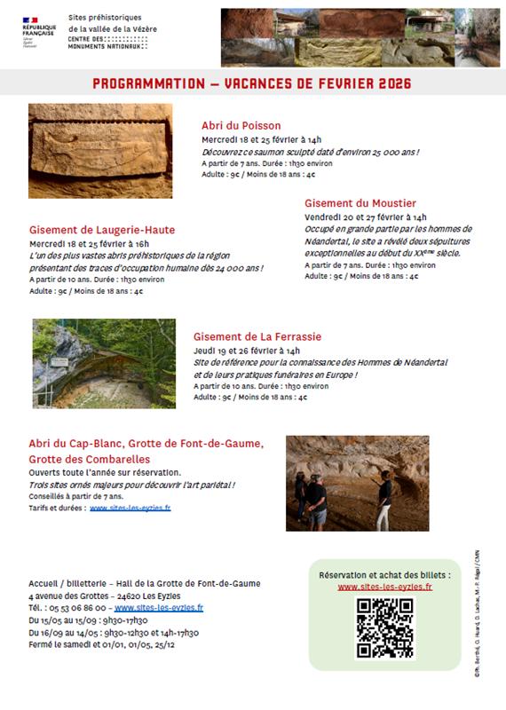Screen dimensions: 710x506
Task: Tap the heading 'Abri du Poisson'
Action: (241, 126)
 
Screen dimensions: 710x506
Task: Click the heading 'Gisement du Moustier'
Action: (360, 203)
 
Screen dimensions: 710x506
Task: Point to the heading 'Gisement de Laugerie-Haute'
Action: (102, 229)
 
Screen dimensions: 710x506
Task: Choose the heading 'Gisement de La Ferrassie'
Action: (257, 336)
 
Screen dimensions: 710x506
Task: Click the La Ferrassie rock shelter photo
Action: (104, 363)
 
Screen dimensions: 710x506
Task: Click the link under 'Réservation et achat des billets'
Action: (384, 587)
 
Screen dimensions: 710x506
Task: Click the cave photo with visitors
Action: (357, 483)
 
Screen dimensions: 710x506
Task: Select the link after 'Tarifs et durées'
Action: (130, 508)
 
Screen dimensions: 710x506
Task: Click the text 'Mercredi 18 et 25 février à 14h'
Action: (261, 140)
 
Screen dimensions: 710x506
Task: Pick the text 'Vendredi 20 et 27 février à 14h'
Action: (365, 217)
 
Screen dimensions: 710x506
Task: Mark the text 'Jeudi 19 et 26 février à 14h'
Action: (247, 351)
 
